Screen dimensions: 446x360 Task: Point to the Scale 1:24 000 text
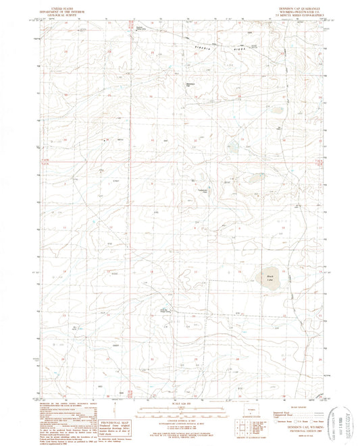(x=180, y=397)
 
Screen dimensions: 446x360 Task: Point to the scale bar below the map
(x=180, y=403)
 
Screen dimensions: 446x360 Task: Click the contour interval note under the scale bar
(x=180, y=413)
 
